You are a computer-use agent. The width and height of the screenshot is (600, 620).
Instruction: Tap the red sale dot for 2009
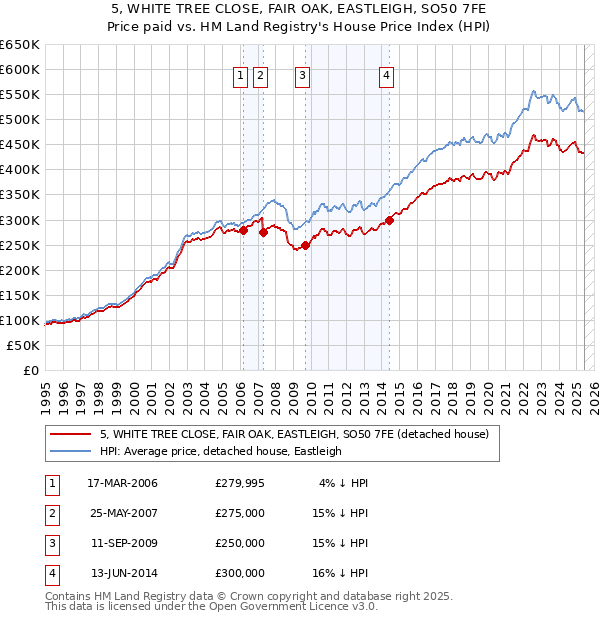305,245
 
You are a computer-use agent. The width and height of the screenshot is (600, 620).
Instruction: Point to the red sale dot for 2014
389,220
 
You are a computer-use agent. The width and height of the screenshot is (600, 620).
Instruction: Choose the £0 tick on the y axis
30,370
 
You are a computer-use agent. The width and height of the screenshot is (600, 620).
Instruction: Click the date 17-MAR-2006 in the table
123,483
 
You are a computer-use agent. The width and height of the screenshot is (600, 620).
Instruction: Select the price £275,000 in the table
240,513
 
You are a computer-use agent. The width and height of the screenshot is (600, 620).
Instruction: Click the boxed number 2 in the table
51,513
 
